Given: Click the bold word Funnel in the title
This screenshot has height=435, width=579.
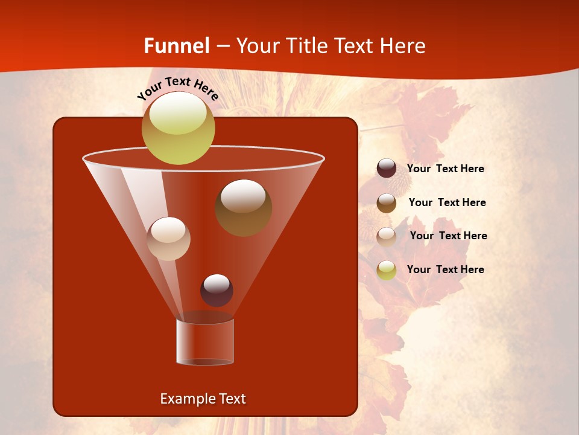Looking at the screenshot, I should (177, 46).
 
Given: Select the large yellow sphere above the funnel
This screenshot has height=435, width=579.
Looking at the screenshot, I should (178, 128).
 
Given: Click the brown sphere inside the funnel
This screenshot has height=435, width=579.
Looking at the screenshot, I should (243, 207).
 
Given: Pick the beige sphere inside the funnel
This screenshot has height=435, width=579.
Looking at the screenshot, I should (168, 239).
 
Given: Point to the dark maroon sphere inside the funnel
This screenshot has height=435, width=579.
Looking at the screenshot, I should (217, 290).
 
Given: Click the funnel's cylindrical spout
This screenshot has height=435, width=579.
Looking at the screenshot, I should (204, 342).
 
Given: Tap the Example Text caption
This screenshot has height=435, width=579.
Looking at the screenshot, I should (203, 399).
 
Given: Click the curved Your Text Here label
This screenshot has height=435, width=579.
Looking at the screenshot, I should (178, 88).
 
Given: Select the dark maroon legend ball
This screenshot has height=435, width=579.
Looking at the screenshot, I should (387, 169).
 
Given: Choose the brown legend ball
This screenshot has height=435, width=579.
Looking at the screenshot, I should (387, 203).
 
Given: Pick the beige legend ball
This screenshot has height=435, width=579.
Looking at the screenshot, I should (387, 236).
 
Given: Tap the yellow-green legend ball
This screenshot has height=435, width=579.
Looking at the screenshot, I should (387, 270).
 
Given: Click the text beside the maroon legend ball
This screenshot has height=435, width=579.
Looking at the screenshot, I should (445, 169).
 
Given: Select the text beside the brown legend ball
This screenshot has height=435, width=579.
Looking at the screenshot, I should (447, 203).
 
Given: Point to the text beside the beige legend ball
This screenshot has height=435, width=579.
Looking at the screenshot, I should (448, 236).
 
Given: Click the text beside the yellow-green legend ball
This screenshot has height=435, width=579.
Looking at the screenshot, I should (445, 270).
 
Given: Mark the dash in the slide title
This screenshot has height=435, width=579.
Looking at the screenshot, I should (223, 47).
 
